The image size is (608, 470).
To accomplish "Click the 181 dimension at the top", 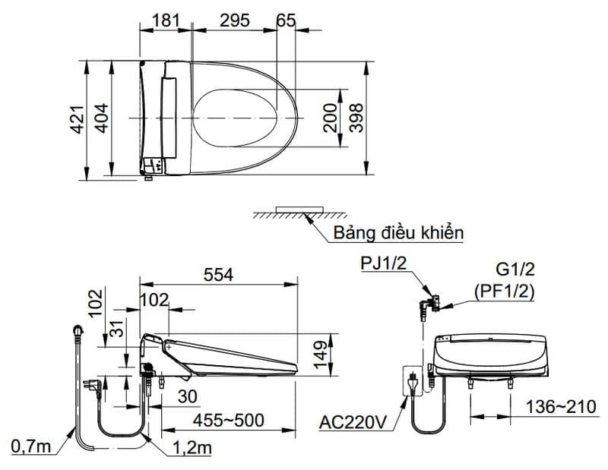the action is tap(166, 21).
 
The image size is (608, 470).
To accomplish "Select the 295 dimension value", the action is tap(235, 21).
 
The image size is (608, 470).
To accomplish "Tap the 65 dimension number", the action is tap(287, 21).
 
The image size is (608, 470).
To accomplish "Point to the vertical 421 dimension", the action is tap(78, 119).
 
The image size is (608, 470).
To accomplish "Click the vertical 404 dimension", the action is tap(102, 118).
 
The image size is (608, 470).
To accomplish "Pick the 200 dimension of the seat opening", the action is tap(331, 118).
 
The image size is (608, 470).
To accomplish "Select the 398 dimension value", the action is tap(356, 118).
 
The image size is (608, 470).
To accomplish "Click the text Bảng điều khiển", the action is tap(398, 233).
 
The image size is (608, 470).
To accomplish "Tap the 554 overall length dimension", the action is tap(219, 275).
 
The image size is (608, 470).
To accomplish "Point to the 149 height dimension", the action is tap(321, 355).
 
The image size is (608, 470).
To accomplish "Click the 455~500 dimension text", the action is tap(229, 420).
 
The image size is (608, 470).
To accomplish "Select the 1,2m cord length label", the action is tap(192, 448).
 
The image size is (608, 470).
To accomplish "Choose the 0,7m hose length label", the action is tap(31, 446).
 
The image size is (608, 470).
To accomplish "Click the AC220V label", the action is tap(353, 422).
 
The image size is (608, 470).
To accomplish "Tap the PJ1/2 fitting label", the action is tap(384, 263).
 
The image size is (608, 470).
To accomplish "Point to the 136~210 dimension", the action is tap(561, 406).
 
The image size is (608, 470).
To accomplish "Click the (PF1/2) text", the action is tap(504, 292).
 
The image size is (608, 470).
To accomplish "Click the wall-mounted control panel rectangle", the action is tap(299, 210).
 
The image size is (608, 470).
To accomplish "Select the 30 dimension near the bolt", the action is tap(188, 396).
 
